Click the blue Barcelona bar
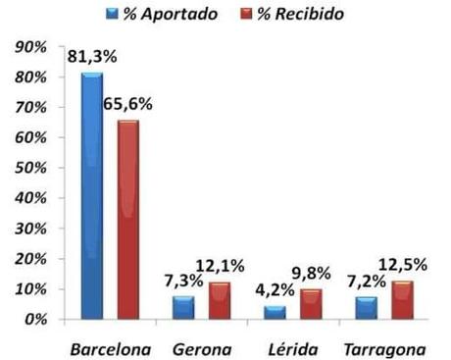92,196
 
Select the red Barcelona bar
128,220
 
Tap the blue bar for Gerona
183,307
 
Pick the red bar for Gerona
220,300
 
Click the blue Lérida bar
275,312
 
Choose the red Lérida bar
311,304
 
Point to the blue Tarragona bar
365,307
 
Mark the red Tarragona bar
402,299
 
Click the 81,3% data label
92,57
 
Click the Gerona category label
201,347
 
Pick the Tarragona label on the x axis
384,347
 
